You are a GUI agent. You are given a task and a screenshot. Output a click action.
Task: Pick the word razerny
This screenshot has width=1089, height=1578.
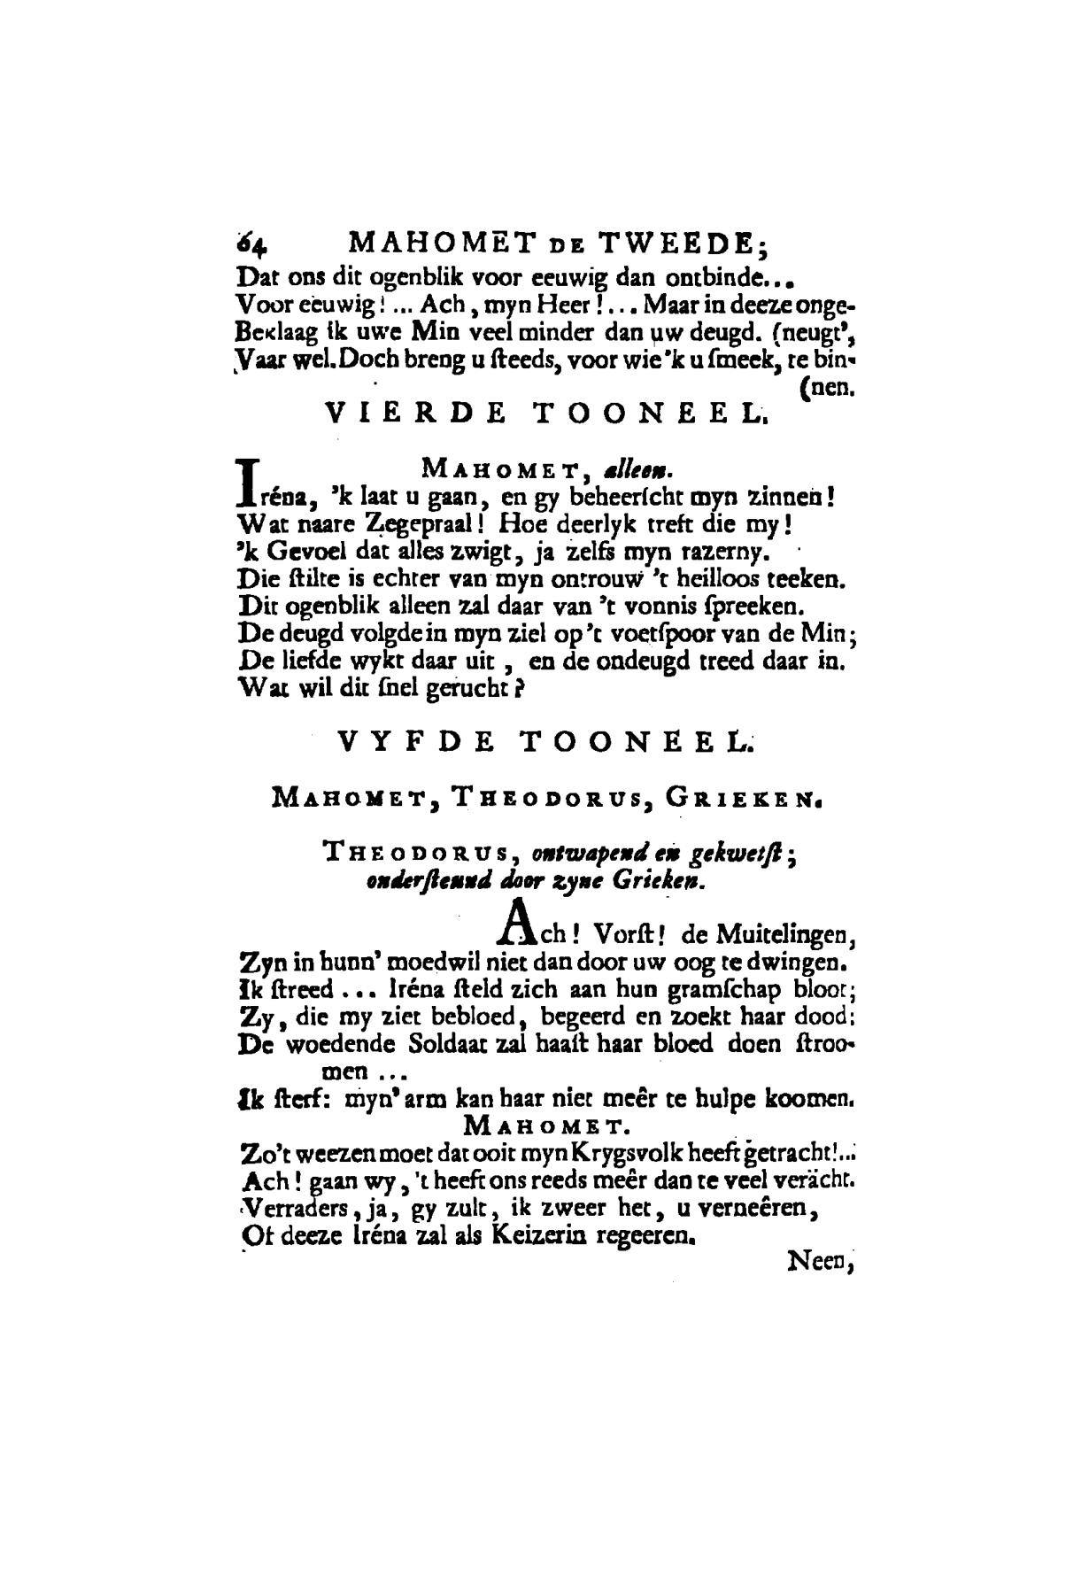click(x=732, y=553)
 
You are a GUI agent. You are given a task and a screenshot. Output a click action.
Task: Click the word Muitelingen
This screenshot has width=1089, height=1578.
click(x=785, y=933)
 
